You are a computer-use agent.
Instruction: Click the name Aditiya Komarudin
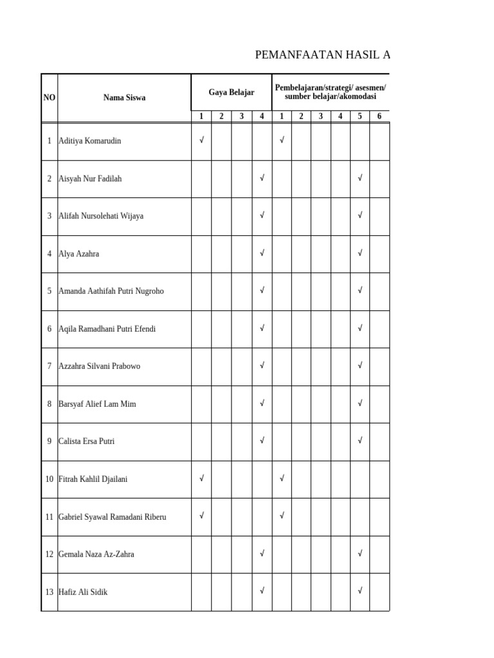[89, 141]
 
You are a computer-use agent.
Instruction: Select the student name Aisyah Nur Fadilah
[89, 179]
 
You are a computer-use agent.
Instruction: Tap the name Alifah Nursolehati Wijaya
[100, 216]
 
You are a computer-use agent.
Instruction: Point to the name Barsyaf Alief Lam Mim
[97, 404]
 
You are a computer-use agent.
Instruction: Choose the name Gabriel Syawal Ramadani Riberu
[112, 517]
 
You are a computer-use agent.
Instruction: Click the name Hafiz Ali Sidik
[83, 592]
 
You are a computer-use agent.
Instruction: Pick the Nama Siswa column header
[124, 98]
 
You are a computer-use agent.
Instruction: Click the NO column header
[50, 98]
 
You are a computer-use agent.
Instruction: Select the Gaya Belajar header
[232, 93]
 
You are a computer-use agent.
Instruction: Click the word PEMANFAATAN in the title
[287, 55]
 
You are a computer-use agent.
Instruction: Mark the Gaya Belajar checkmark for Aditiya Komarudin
[201, 140]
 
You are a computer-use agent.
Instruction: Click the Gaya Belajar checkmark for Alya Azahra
[262, 253]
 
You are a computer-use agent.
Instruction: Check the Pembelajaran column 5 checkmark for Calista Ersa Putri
[360, 441]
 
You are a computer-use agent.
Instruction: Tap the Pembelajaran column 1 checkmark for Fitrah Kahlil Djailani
[282, 478]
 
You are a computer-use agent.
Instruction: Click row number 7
[49, 366]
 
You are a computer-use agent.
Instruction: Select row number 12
[49, 554]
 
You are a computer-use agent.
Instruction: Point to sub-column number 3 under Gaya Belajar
[242, 116]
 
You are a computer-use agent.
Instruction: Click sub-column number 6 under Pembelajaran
[380, 116]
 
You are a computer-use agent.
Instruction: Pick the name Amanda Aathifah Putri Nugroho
[111, 291]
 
